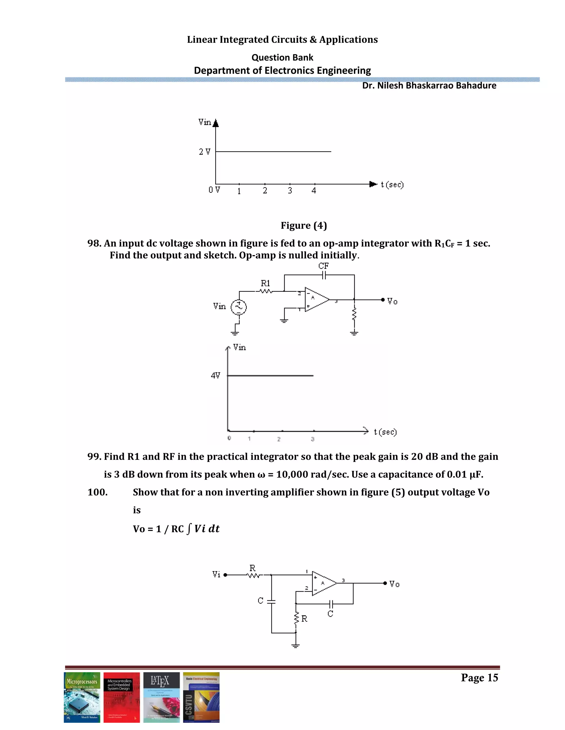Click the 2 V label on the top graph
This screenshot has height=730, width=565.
(x=204, y=152)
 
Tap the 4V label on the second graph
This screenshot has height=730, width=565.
(x=215, y=375)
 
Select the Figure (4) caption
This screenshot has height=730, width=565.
(x=303, y=226)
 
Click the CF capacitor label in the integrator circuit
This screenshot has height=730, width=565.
(x=323, y=266)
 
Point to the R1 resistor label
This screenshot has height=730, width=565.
(x=265, y=283)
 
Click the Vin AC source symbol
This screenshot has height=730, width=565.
(x=239, y=307)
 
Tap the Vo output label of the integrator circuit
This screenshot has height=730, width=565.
(x=392, y=301)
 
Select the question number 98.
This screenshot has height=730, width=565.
(x=94, y=243)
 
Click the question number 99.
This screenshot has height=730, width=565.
(x=94, y=456)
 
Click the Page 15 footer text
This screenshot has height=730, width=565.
(x=479, y=678)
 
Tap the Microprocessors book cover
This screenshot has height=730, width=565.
(x=82, y=697)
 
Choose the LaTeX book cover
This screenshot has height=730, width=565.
(x=161, y=697)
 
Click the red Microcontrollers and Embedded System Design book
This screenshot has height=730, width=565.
(x=121, y=697)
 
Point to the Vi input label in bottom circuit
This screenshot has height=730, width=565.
(x=217, y=575)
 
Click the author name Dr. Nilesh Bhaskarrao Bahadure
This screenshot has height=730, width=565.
(x=429, y=86)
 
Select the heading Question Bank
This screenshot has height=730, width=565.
(x=282, y=58)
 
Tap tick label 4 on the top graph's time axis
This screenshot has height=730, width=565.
(x=314, y=191)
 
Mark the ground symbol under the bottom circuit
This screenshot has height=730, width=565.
(x=295, y=645)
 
